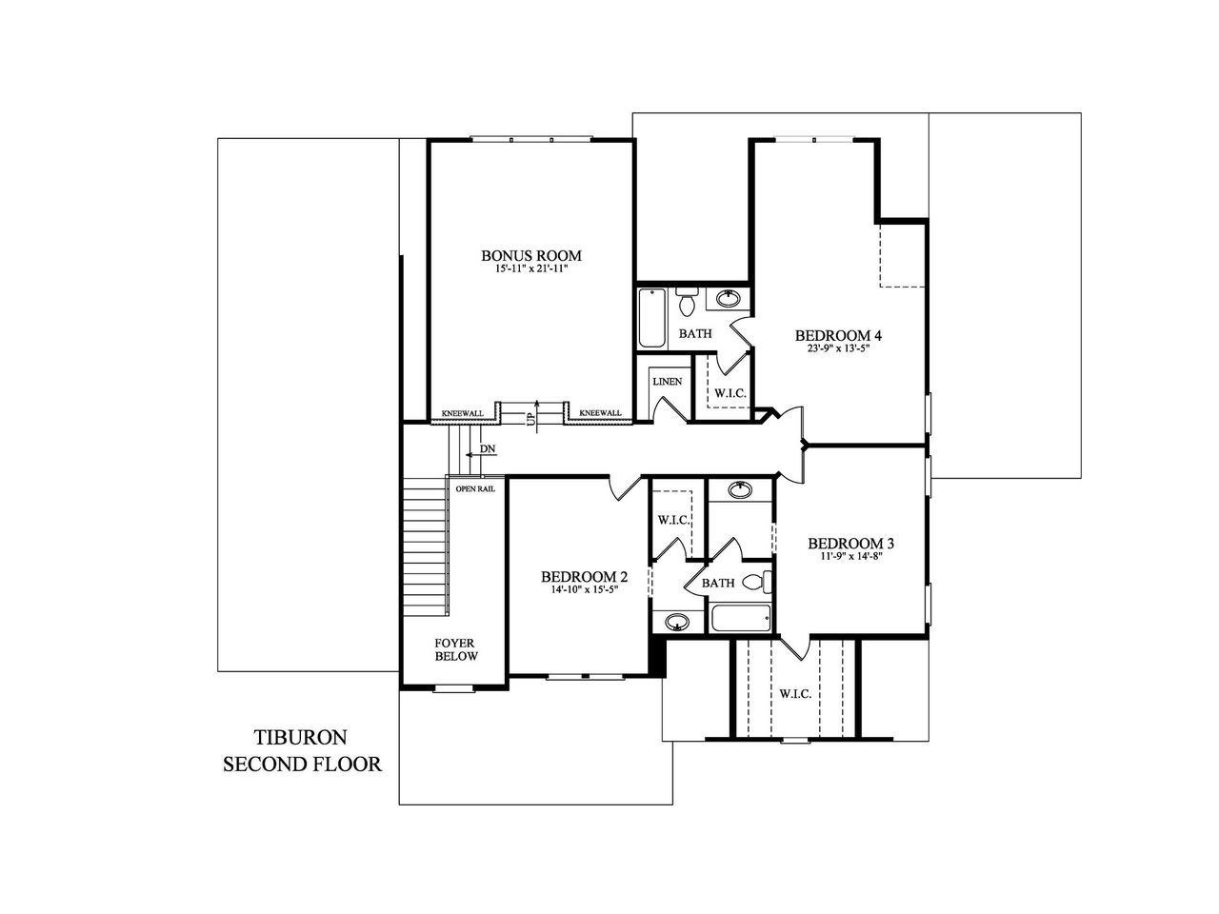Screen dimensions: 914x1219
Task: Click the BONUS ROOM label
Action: (x=530, y=255)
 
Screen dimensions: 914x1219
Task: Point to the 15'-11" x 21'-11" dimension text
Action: (x=530, y=270)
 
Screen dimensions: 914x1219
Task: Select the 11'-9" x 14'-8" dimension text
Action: (x=850, y=558)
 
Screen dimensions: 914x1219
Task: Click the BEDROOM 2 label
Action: (x=584, y=577)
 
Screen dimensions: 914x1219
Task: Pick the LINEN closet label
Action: (x=667, y=382)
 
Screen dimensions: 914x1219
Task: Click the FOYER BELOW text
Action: (x=456, y=649)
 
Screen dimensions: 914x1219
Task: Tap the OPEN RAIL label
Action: (x=474, y=489)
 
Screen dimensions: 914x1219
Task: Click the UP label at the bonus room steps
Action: (x=531, y=416)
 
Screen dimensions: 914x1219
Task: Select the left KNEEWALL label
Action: (x=462, y=413)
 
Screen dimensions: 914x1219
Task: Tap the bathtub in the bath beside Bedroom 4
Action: (x=652, y=317)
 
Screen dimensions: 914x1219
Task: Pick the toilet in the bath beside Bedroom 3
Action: (x=754, y=582)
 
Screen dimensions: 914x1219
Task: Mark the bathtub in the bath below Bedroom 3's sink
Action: (x=740, y=619)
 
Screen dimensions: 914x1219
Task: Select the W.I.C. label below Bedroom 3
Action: (x=794, y=694)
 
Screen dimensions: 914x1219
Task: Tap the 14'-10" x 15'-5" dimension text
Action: (x=584, y=590)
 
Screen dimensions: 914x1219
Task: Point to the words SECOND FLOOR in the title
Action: (x=302, y=764)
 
